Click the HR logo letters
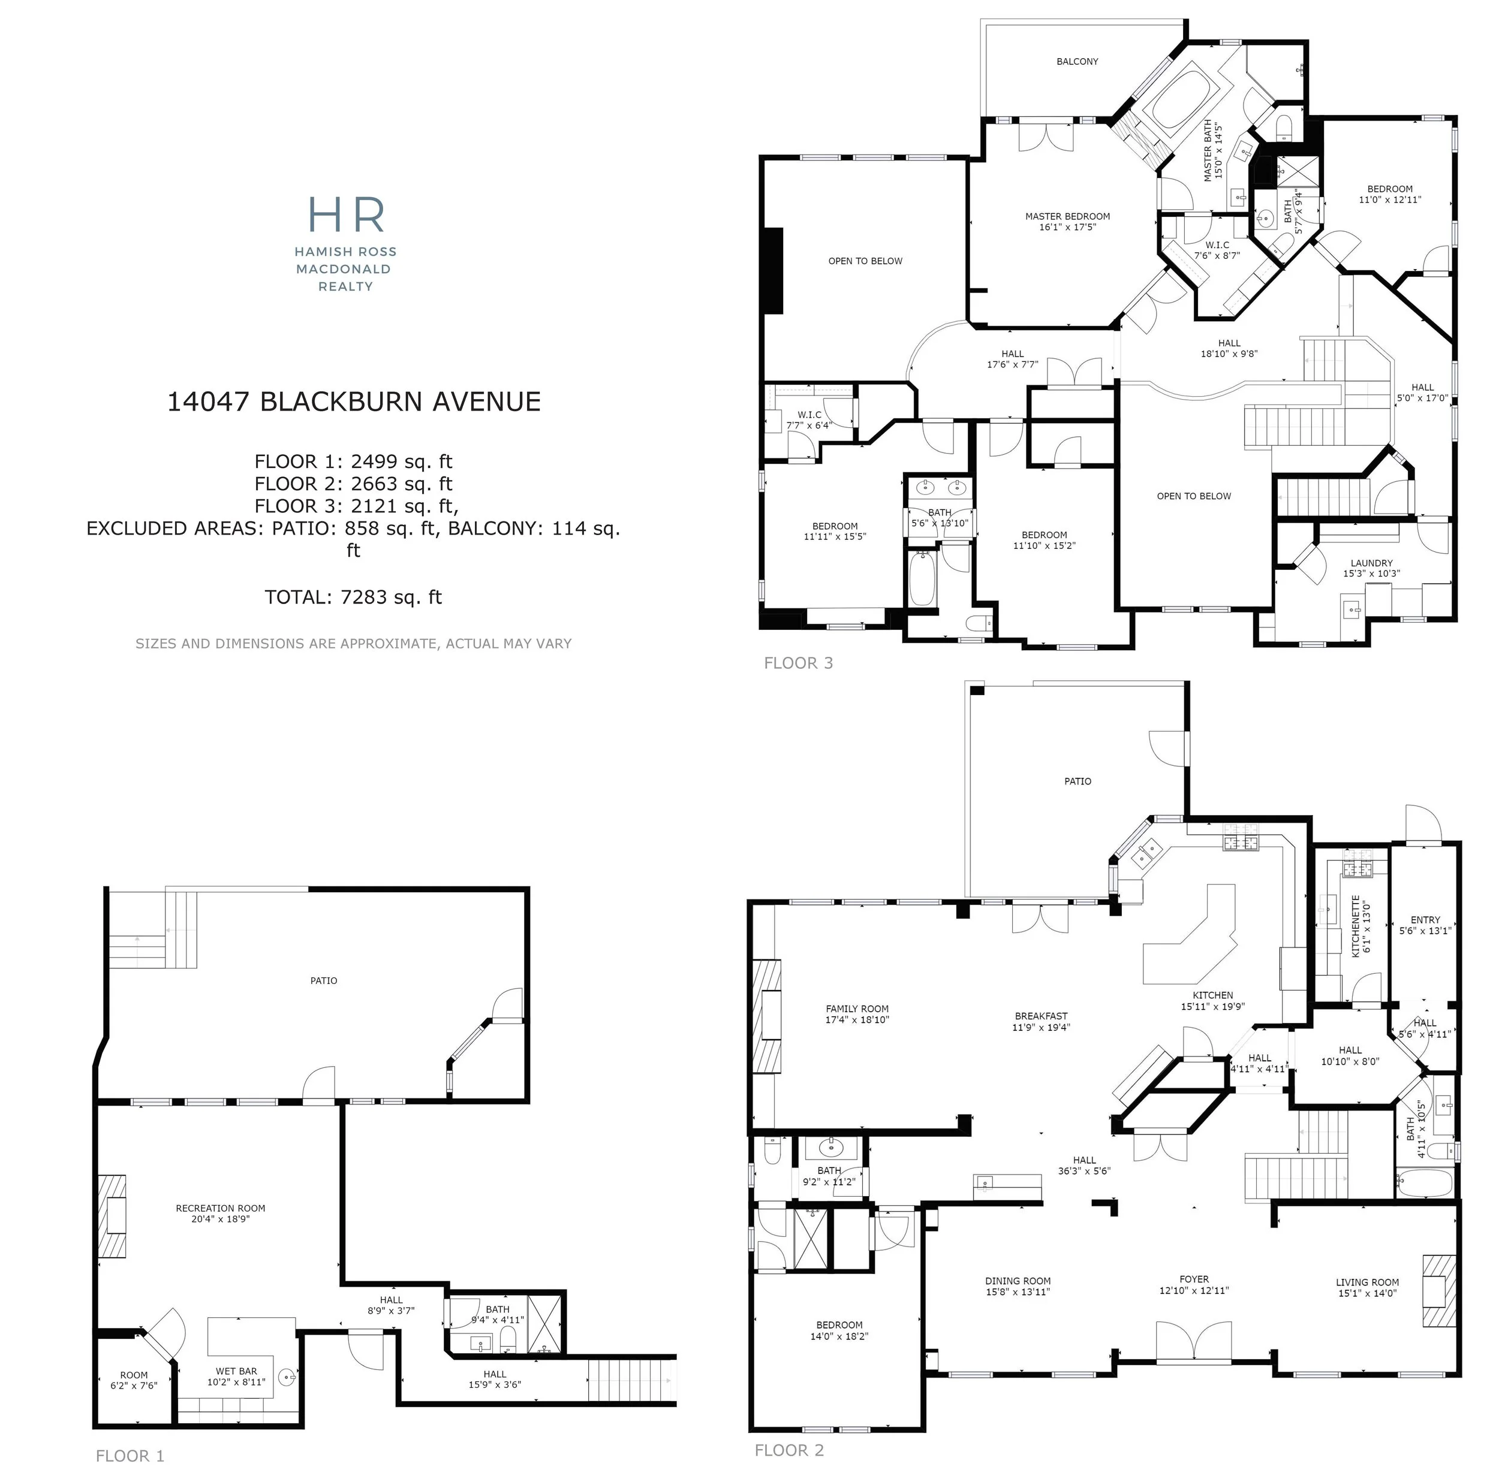(346, 215)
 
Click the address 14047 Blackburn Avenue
(354, 402)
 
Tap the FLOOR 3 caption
(798, 663)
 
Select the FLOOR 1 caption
(130, 1456)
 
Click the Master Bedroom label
(1067, 222)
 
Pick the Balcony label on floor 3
(1077, 61)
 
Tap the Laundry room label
(1371, 568)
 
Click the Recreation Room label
(220, 1213)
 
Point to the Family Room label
(857, 1014)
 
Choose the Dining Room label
(1018, 1286)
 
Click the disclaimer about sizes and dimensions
(354, 644)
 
